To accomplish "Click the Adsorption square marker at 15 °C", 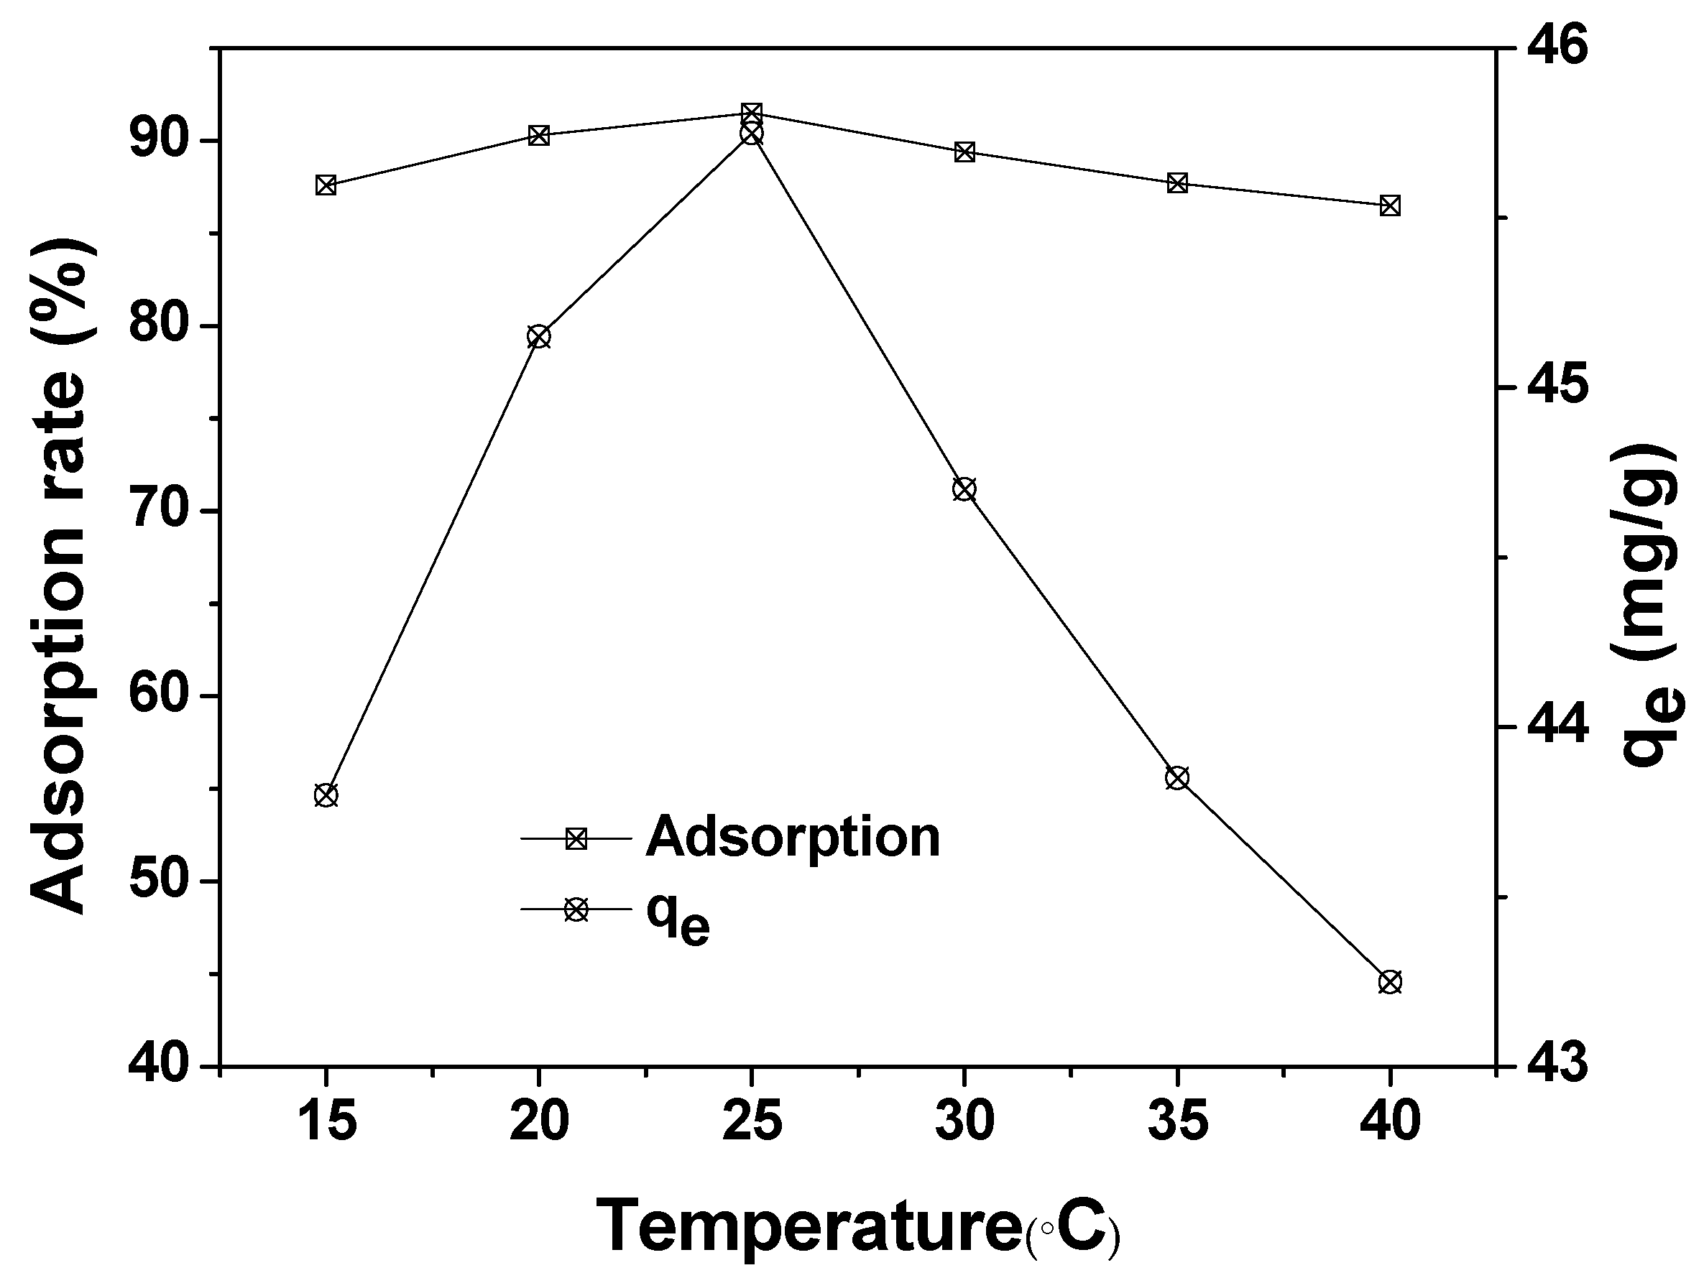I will tap(326, 185).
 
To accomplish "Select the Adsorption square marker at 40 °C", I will tap(1390, 205).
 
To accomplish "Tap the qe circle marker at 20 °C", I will tap(538, 336).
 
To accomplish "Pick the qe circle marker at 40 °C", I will tap(1390, 982).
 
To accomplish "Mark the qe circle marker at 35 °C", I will tap(1177, 777).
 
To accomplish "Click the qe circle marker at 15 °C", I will tap(326, 795).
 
